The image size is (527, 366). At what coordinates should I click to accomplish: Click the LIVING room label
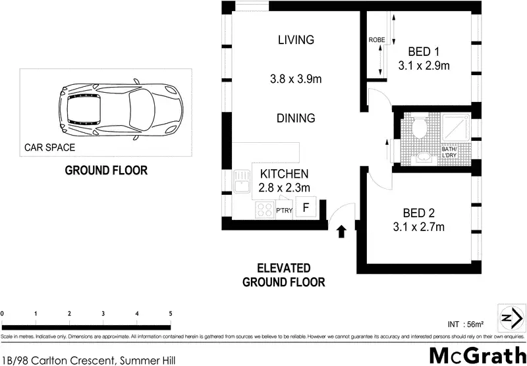point(296,39)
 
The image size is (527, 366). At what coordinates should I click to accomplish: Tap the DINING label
point(296,118)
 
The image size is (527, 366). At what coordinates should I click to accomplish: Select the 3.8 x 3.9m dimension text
point(296,79)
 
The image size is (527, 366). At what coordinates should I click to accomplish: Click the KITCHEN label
point(284,174)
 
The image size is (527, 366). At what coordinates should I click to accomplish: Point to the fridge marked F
point(306,207)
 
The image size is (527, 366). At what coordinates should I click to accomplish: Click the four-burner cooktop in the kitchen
point(265,210)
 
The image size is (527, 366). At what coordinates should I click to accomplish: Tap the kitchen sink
point(242,181)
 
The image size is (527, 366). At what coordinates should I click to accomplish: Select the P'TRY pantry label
point(285,211)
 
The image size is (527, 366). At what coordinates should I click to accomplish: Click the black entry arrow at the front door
point(341,231)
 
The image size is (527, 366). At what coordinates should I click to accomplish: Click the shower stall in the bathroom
point(455,128)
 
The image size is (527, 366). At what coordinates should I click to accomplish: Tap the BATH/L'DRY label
point(449,152)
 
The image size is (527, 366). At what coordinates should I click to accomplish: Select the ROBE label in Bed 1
point(377,40)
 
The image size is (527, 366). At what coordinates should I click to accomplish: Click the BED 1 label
point(424,52)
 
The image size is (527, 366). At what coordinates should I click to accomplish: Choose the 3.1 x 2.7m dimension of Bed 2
point(418,227)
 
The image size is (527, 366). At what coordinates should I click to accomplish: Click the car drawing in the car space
point(121,109)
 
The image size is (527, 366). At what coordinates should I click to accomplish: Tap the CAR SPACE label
point(50,147)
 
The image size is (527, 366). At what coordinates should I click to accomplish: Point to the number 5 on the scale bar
point(171,314)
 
